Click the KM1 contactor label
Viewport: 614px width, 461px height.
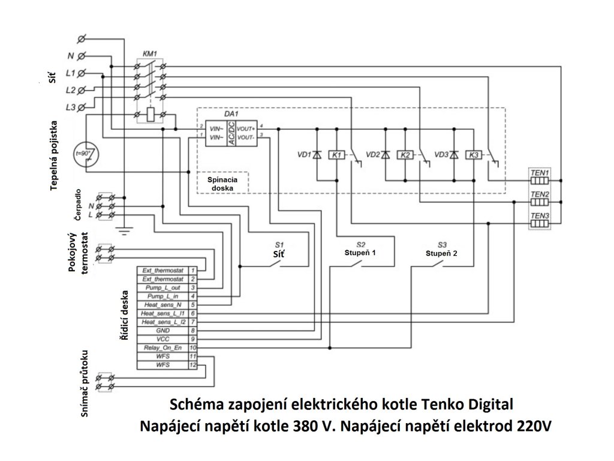[x=150, y=54]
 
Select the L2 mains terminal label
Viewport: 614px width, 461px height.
[x=70, y=90]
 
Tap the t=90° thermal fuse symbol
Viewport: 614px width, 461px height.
[x=85, y=154]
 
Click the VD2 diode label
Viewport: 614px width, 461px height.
[x=372, y=155]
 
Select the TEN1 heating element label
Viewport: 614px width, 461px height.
[x=540, y=172]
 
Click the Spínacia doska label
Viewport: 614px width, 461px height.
[x=222, y=183]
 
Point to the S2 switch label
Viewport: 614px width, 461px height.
[x=360, y=244]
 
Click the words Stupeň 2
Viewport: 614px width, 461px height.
[x=442, y=253]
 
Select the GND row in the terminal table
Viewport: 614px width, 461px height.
[x=163, y=330]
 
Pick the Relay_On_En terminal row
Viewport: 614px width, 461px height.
[x=163, y=348]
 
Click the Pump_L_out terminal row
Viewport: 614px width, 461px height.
[x=163, y=288]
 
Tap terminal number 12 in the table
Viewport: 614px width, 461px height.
[x=193, y=364]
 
